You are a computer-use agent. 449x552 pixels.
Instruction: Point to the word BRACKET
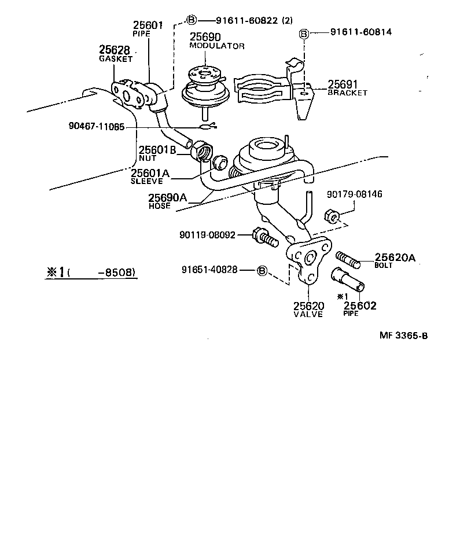coord(347,93)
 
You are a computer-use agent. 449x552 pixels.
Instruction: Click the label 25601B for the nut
coord(156,150)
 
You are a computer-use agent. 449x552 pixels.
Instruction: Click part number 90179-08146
coord(354,194)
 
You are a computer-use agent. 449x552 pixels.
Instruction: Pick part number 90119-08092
coord(207,235)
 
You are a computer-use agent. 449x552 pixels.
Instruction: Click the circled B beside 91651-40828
coord(262,270)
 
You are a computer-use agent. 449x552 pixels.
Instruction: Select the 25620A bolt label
coord(395,258)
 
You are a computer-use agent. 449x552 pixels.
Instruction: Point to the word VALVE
coord(308,314)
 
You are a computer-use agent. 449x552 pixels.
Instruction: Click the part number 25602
coord(360,306)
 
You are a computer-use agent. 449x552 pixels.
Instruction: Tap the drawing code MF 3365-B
coord(403,336)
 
